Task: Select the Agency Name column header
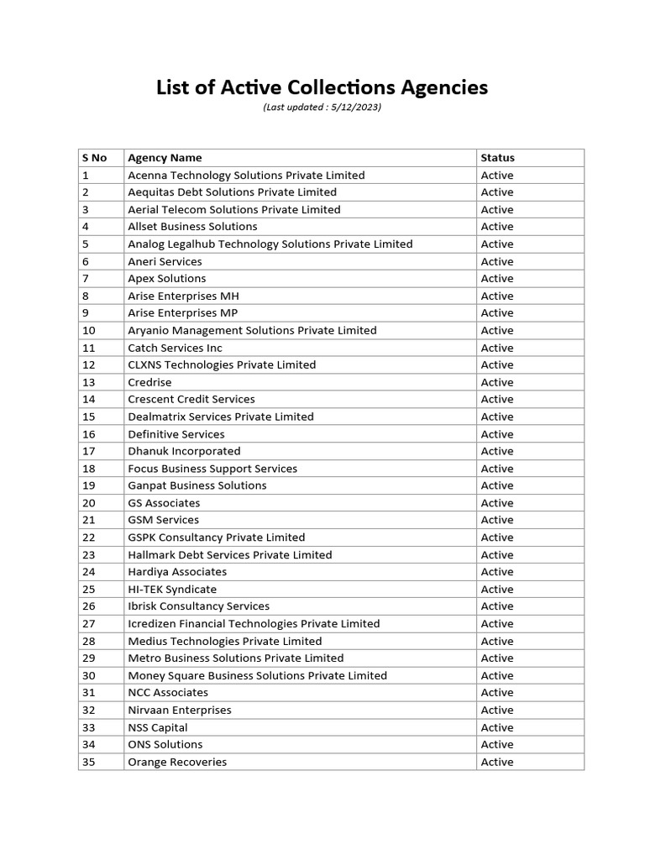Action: click(x=165, y=158)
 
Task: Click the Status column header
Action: click(x=497, y=158)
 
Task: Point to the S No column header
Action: click(x=94, y=158)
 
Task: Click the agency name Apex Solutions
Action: click(x=166, y=279)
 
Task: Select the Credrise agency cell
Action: click(x=149, y=382)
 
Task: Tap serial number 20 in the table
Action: click(x=89, y=503)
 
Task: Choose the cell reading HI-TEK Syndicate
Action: click(x=172, y=590)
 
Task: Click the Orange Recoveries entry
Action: click(x=177, y=763)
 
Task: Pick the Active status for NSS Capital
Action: click(x=497, y=728)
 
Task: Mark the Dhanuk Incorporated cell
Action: click(x=184, y=451)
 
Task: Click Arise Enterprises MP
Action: click(x=182, y=313)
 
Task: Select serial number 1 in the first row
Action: click(x=86, y=176)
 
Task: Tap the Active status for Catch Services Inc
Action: click(x=497, y=348)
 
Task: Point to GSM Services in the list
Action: click(x=163, y=520)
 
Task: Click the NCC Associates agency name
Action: click(x=168, y=693)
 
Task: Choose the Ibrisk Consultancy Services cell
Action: click(x=198, y=606)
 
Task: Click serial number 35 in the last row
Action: click(x=89, y=763)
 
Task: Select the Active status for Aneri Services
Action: click(x=497, y=262)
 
